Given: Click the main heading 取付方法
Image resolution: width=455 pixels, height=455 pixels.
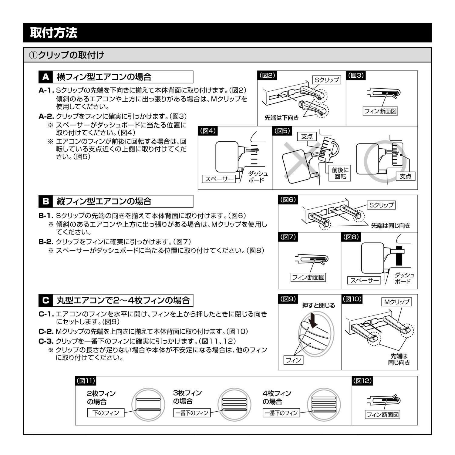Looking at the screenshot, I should [x=54, y=33].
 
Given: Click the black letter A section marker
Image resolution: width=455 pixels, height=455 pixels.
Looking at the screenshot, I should [x=46, y=77].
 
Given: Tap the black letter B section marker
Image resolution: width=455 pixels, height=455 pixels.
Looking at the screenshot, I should [x=46, y=201].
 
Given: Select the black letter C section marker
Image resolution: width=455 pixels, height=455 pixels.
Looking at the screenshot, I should [x=46, y=301].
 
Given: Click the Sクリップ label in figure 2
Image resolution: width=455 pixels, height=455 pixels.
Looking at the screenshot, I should [x=327, y=80].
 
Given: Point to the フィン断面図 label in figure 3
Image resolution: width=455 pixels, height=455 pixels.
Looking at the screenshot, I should [x=380, y=111].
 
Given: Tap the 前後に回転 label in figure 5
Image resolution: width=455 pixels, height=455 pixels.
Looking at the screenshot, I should [x=340, y=174].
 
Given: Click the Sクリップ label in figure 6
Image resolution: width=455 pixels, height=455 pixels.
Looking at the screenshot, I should [x=381, y=205].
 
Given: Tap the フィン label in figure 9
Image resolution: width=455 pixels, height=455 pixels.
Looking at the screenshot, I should [x=293, y=360].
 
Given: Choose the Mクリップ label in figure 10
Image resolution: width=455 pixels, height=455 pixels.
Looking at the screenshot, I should [x=396, y=302].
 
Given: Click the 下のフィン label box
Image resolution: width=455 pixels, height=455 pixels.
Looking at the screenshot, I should [x=106, y=413].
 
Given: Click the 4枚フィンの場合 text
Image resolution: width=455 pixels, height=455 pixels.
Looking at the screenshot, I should [x=277, y=397].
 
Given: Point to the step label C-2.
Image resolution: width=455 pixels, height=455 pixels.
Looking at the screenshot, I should [x=46, y=332].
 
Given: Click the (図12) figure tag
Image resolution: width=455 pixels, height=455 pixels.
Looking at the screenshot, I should [x=362, y=381].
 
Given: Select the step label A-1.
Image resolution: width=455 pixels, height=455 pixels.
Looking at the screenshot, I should [x=46, y=90].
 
